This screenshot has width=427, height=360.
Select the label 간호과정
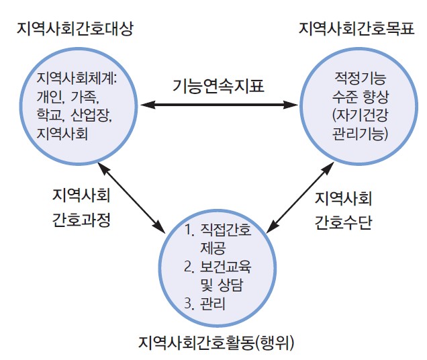[x=81, y=221]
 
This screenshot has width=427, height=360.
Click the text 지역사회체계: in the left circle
[x=79, y=77]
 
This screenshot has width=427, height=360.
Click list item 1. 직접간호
[x=217, y=231]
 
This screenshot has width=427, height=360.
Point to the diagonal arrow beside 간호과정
[x=132, y=194]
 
